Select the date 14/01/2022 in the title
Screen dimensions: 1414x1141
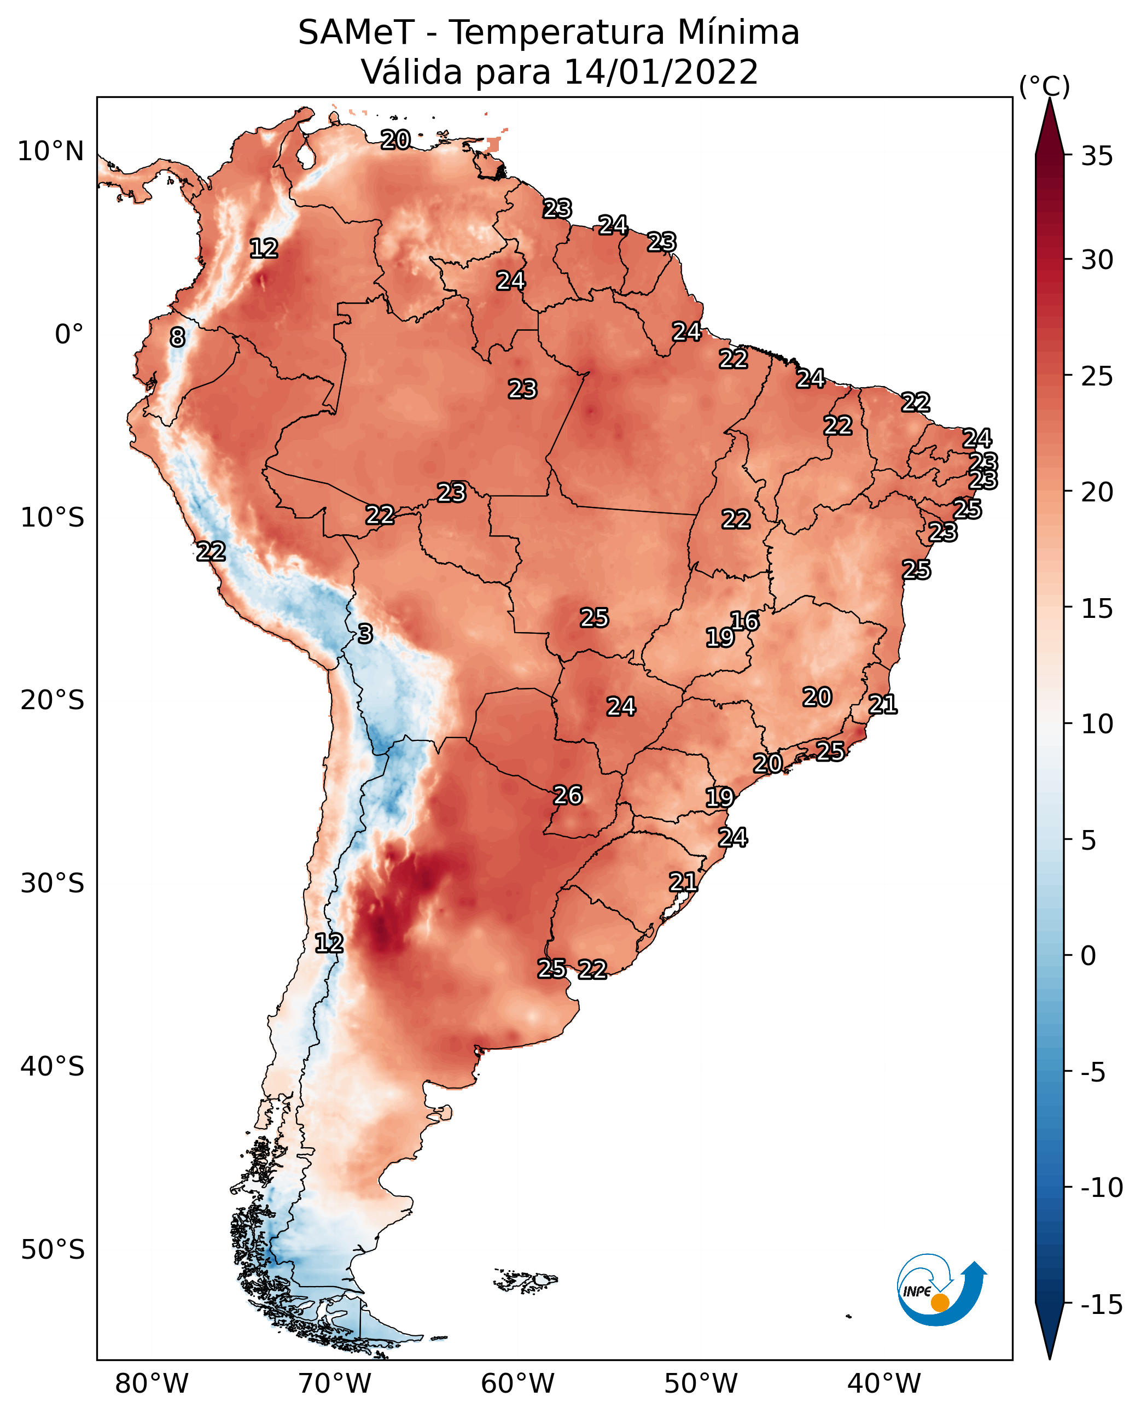[661, 72]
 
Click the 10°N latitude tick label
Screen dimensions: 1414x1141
[51, 152]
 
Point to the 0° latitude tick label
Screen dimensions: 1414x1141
[69, 335]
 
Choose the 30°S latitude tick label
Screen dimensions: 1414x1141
[52, 884]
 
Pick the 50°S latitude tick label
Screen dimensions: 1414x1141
[52, 1249]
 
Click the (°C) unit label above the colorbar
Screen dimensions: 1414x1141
[1044, 86]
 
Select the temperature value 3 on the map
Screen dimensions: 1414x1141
[365, 633]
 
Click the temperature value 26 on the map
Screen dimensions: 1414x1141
[568, 795]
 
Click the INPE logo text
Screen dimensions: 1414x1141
[917, 1292]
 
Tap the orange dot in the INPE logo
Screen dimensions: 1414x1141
[940, 1302]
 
